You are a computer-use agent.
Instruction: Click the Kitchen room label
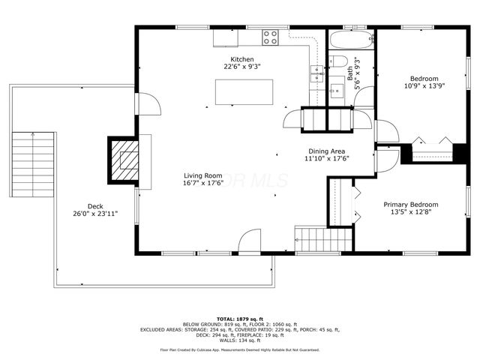(241, 59)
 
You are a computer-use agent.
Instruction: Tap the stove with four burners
(270, 36)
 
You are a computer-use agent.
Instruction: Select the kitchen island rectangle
(244, 91)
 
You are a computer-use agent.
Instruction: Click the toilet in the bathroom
(338, 61)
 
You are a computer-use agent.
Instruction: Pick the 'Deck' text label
(95, 206)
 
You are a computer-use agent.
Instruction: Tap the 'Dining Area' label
(328, 151)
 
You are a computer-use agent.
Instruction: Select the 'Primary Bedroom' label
(410, 205)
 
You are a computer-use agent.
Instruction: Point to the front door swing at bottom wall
(249, 244)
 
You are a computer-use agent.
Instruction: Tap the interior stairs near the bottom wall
(323, 240)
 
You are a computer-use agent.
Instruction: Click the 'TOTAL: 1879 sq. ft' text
(239, 317)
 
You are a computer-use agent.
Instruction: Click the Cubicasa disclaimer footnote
(239, 349)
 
